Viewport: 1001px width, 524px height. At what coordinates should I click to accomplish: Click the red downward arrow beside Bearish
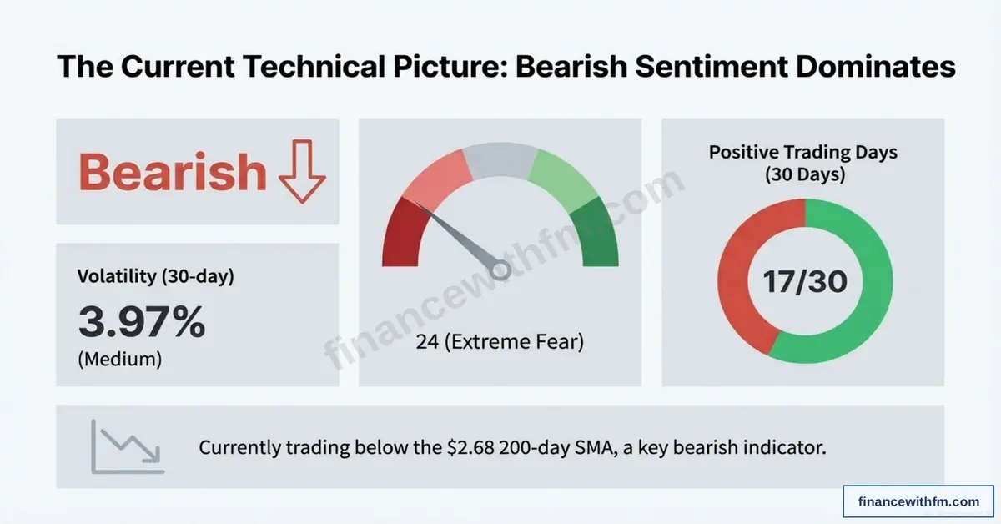pos(300,173)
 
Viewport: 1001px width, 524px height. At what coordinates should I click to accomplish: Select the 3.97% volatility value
pos(141,322)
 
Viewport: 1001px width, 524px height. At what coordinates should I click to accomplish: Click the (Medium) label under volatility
pos(119,360)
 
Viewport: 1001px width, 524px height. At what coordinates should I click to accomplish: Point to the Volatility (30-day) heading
pos(155,276)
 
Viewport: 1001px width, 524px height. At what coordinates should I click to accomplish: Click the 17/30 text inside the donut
pos(805,282)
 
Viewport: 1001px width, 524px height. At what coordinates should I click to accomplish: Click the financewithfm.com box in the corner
pos(918,501)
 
